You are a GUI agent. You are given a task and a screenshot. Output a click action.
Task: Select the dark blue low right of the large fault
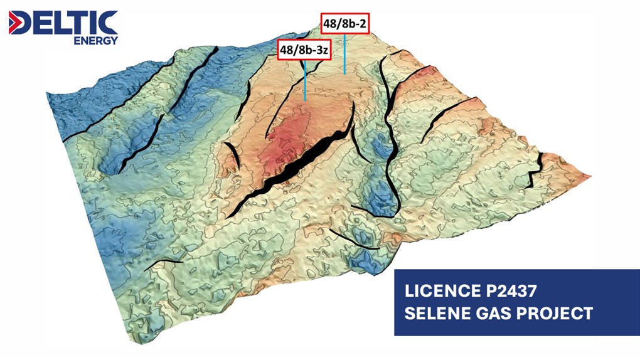(380, 151)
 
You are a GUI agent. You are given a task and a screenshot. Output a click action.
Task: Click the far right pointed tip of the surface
(590, 176)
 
